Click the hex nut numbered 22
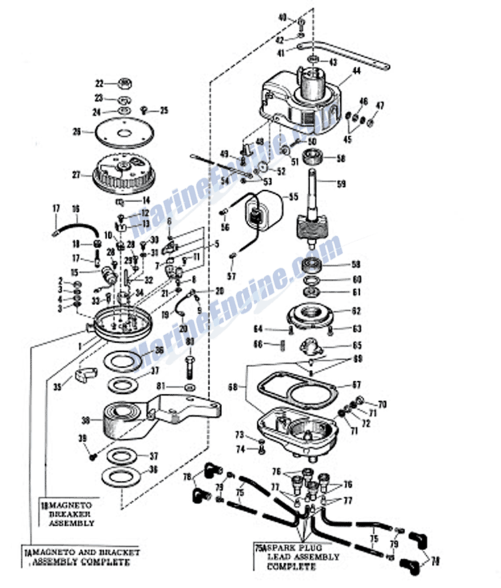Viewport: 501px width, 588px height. click(124, 84)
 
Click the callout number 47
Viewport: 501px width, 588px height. click(380, 106)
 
